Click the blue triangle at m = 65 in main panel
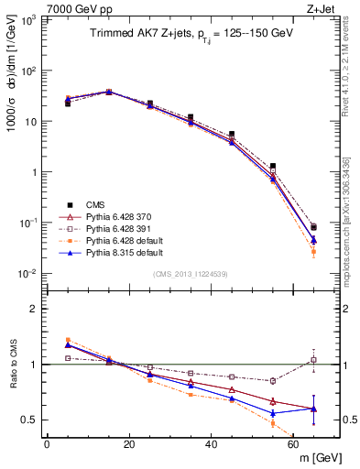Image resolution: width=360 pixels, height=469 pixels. click(314, 240)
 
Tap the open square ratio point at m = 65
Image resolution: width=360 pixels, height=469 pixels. click(314, 360)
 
